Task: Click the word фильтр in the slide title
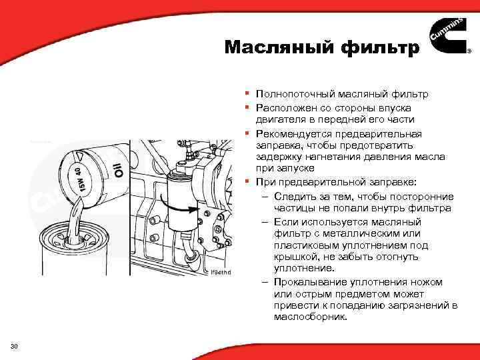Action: coord(379,47)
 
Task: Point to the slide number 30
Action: coord(15,345)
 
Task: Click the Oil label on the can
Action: coord(117,167)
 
